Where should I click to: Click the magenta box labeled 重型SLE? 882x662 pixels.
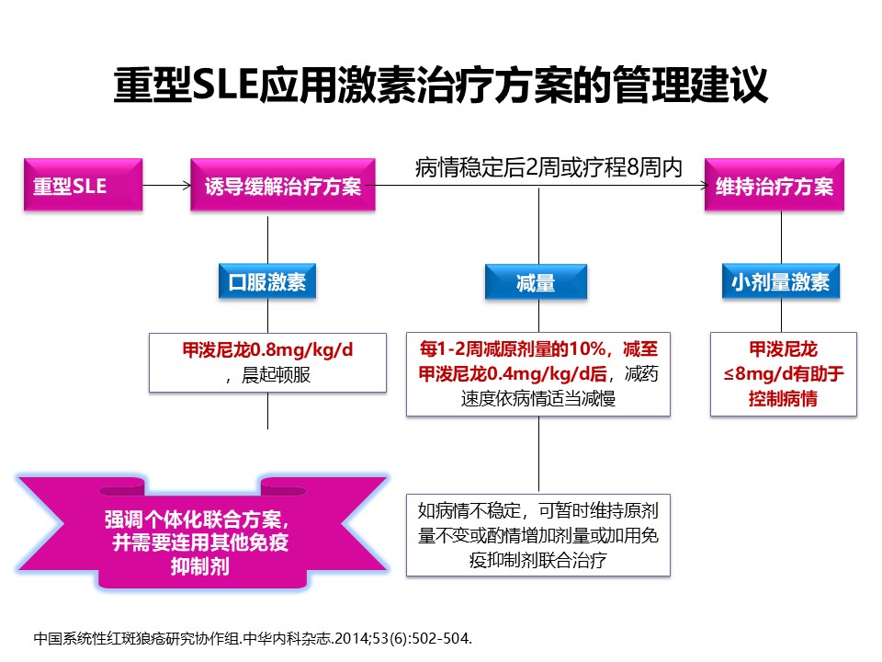[x=83, y=187]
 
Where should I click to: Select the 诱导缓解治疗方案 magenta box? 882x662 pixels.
[x=282, y=187]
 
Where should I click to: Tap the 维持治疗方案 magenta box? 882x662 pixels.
[x=775, y=187]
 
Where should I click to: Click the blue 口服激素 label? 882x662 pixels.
[x=267, y=282]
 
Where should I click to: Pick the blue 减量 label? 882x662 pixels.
[x=536, y=283]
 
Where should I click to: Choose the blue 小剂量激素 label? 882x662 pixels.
[x=780, y=282]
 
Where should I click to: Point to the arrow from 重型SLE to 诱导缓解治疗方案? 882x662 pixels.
[x=166, y=187]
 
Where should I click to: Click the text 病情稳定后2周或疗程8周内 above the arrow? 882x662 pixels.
[x=548, y=167]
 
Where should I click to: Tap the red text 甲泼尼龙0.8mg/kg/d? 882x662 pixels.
[x=267, y=350]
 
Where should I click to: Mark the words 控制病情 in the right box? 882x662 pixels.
[x=784, y=399]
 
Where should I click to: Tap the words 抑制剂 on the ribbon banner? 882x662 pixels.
[x=200, y=565]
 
